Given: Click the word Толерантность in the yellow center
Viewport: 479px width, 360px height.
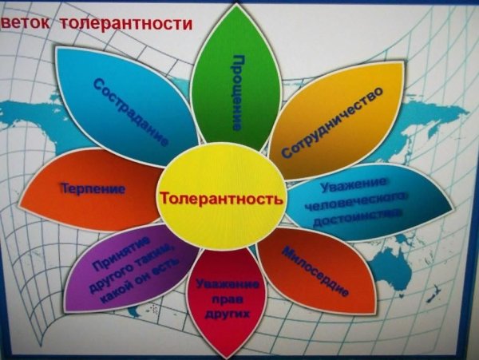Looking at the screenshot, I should click(x=221, y=197).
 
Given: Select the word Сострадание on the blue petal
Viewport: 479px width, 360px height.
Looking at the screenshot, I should click(x=131, y=111).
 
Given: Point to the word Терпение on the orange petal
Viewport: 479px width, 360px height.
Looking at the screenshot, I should click(x=93, y=189).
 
